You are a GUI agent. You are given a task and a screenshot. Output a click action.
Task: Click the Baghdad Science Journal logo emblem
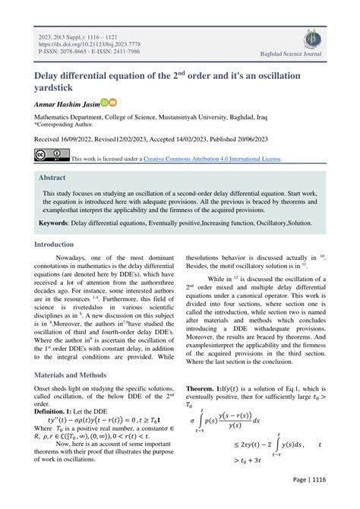click(313, 40)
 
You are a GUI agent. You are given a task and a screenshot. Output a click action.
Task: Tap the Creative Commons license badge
click(52, 157)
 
